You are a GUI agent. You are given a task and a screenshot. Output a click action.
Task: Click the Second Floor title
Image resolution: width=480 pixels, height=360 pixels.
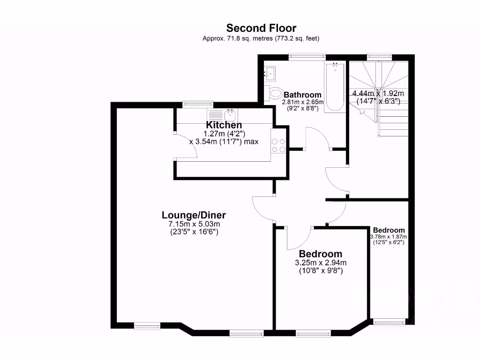(x=261, y=28)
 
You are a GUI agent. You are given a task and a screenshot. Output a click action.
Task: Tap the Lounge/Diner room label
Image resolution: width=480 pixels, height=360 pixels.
(x=194, y=215)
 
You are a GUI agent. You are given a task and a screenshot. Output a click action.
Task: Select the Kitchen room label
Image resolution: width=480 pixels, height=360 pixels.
(x=224, y=125)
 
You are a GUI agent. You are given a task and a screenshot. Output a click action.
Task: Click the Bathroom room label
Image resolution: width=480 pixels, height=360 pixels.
(x=302, y=95)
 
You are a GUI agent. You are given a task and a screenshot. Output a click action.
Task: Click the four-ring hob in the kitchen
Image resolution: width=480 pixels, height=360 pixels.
(x=279, y=146)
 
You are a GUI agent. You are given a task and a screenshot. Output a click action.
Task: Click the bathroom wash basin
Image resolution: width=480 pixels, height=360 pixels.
(x=270, y=73)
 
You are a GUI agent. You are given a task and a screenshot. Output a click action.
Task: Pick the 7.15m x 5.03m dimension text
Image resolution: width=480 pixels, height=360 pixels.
(x=194, y=224)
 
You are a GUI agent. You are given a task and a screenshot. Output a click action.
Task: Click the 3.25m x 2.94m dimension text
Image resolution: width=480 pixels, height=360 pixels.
(x=321, y=262)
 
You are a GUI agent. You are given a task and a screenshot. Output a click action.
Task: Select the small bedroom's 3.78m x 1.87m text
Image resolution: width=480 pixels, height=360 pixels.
(x=389, y=237)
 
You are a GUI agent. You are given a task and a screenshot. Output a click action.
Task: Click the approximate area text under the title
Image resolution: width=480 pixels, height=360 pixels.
(x=261, y=38)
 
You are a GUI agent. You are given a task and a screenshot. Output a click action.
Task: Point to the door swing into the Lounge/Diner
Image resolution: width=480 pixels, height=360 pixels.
(x=261, y=207)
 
